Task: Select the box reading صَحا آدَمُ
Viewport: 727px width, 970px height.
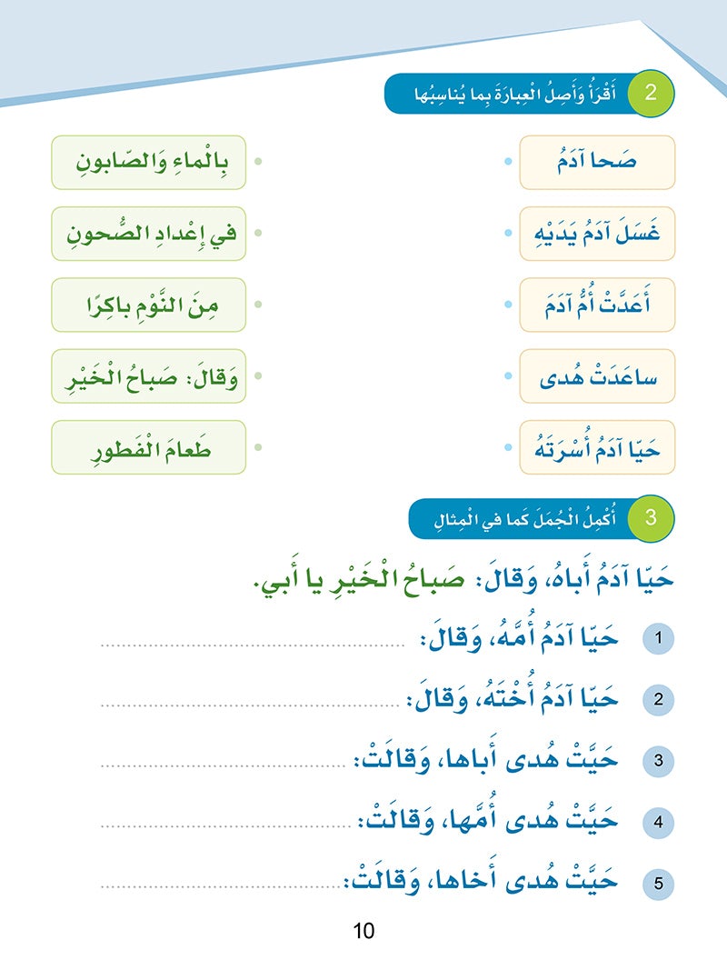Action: pos(597,163)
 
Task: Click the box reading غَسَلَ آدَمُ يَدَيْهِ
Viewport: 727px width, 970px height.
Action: pos(597,234)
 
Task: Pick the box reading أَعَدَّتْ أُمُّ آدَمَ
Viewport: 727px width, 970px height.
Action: pos(597,305)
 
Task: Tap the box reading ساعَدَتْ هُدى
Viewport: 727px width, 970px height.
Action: pos(597,375)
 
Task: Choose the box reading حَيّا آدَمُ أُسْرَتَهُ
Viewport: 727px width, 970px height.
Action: pos(597,446)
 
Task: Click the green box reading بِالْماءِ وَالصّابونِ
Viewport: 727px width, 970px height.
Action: pos(149,163)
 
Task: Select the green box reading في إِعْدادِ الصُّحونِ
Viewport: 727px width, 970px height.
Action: pos(149,234)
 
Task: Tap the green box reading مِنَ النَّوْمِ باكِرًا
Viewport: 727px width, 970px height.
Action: pos(149,305)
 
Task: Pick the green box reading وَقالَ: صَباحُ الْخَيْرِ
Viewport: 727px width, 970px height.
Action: pos(149,375)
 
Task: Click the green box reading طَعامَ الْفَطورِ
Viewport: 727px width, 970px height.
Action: pos(149,446)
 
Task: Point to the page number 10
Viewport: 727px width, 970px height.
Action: pos(363,931)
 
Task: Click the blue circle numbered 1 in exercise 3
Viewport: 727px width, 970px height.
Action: pos(658,639)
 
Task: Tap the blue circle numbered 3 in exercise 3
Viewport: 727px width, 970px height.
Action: pos(658,761)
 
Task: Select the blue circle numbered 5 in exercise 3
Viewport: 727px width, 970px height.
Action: pos(658,882)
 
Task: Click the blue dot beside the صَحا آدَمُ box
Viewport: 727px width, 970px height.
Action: pos(506,163)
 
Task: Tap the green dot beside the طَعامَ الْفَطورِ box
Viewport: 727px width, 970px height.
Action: pos(258,446)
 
